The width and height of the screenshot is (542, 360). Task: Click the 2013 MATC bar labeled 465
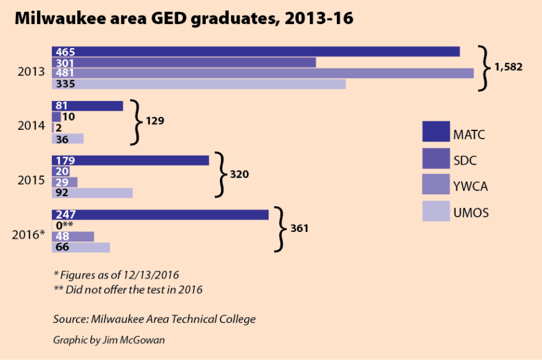coord(256,52)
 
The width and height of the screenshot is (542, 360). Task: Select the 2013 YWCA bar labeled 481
coord(262,73)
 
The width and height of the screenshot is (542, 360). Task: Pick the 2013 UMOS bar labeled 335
coord(198,84)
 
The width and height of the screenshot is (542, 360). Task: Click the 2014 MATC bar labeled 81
coord(87,106)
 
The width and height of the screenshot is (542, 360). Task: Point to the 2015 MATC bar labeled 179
coord(130,160)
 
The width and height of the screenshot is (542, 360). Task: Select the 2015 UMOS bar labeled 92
coord(92,193)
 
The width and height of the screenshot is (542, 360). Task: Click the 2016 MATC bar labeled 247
coord(160,215)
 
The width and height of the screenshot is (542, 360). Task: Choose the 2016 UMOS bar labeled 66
coord(81,247)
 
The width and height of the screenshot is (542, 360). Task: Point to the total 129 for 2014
coord(155,121)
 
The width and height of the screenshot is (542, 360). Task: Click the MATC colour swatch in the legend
coord(435,132)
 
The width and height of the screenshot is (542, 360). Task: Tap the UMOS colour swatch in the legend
coord(435,212)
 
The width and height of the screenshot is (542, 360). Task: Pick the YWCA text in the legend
coord(471,185)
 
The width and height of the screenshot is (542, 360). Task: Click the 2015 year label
coord(31,181)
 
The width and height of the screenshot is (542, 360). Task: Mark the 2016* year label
coord(29,234)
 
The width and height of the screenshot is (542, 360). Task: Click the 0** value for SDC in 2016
coord(65,226)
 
